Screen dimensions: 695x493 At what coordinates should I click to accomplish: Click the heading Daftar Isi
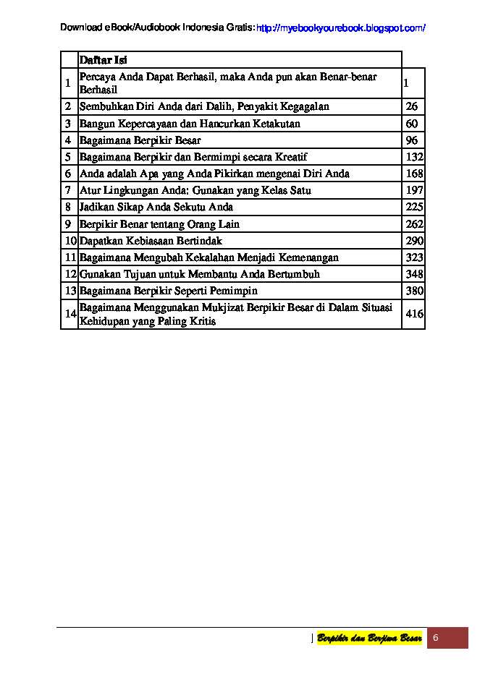(x=103, y=61)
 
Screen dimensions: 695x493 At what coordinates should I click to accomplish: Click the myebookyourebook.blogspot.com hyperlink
(x=341, y=28)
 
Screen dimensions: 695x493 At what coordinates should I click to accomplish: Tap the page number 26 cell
(x=412, y=106)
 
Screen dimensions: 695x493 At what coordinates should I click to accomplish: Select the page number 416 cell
(x=414, y=315)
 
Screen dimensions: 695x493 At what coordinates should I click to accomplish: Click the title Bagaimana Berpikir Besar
(x=140, y=140)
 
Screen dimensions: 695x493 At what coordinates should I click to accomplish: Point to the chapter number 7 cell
(x=68, y=190)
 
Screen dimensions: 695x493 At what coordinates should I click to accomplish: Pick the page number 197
(x=414, y=190)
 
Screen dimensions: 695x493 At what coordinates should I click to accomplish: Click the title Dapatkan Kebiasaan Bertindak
(x=151, y=241)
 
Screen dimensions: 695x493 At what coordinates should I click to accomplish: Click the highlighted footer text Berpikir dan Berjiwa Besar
(x=369, y=638)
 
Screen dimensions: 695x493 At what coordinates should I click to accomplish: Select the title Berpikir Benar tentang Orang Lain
(x=159, y=224)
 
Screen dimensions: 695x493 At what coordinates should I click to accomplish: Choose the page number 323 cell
(x=414, y=257)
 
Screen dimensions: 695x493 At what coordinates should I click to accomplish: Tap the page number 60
(x=412, y=124)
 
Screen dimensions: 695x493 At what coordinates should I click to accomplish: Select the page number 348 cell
(x=414, y=274)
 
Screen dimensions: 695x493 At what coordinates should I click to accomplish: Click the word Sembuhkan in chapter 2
(x=104, y=106)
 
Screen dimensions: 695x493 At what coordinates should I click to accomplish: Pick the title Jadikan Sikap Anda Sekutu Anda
(x=156, y=207)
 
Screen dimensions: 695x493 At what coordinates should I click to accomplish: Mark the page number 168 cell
(x=414, y=174)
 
